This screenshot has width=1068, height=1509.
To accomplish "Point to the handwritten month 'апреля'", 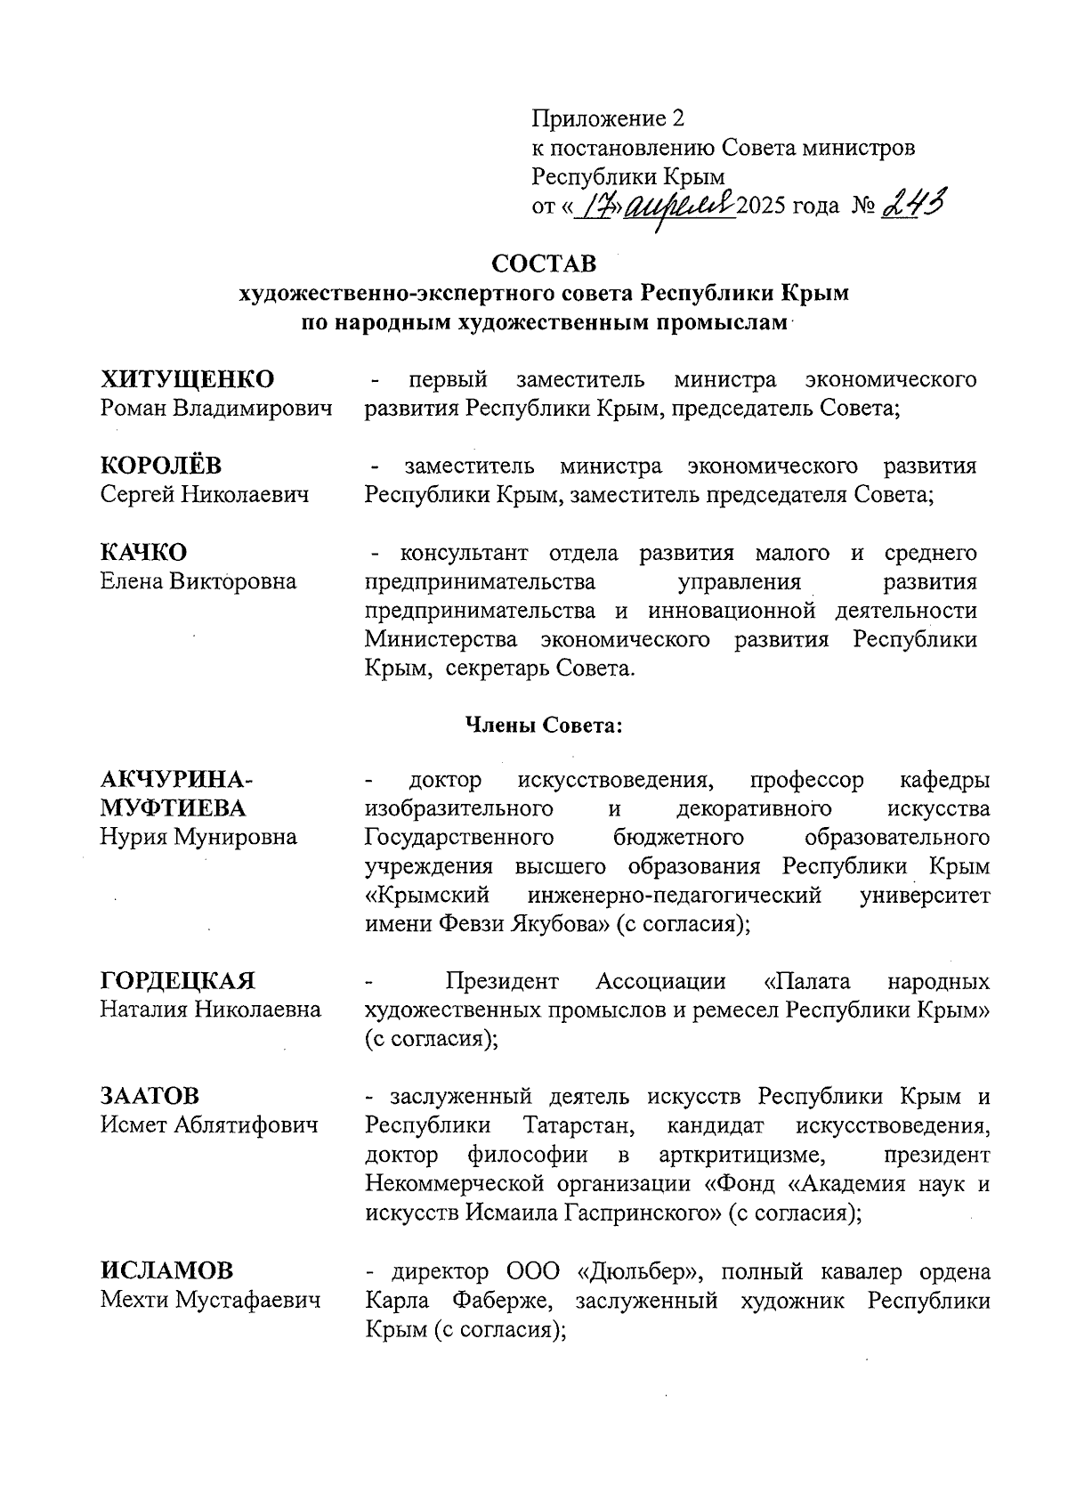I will coord(681,207).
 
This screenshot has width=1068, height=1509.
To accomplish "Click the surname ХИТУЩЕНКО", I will coord(187,379).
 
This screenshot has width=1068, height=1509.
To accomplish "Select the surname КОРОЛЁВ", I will coord(161,466).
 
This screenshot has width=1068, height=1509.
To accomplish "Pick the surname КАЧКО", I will coord(143,553).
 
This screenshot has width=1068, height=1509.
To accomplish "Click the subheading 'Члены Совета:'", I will coord(543,726).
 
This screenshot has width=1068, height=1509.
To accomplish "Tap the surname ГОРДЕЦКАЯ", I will coord(178,981).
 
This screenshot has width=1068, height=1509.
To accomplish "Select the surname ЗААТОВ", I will coord(150,1096).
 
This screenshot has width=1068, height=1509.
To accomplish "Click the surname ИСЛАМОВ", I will coord(166,1271).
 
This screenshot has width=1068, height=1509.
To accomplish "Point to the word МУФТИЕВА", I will coord(173,808).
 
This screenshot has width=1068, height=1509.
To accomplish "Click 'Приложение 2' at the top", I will coord(610,118).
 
